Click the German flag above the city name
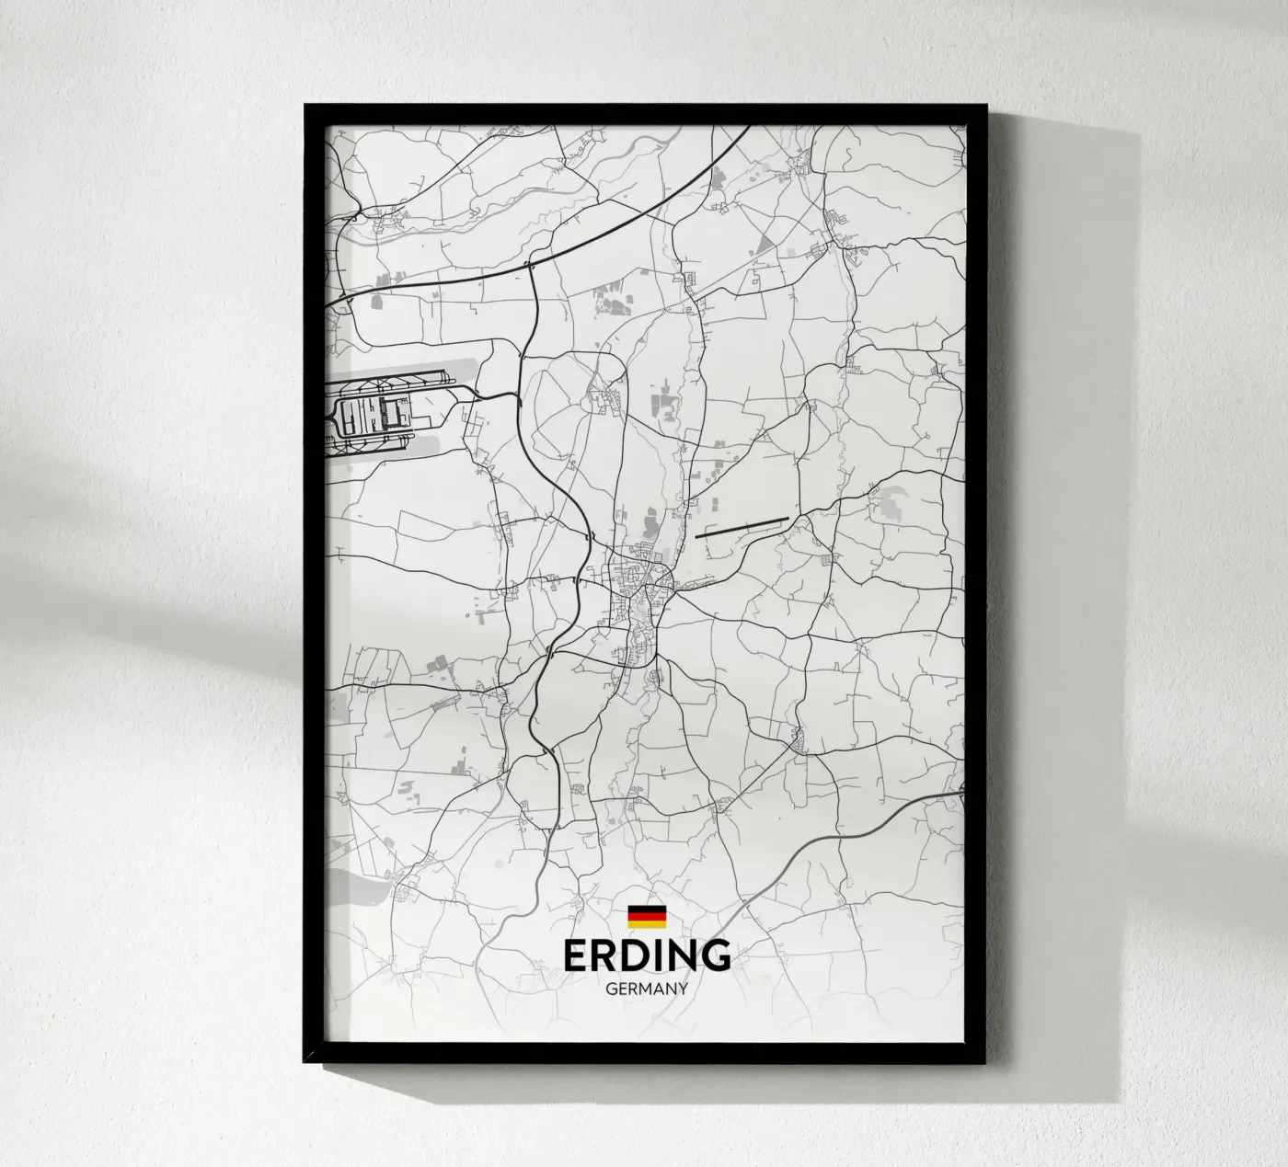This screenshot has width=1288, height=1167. coord(647,917)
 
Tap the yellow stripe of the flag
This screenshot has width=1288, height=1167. coord(647,924)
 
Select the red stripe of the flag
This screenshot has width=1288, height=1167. coord(647,917)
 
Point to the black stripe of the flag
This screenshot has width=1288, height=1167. coord(647,910)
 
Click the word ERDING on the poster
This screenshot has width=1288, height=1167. coord(648,956)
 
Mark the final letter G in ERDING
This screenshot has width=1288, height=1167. coord(716,956)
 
